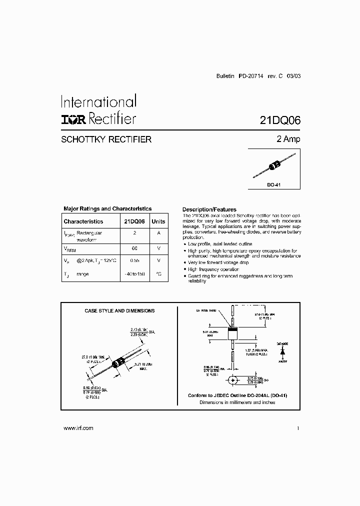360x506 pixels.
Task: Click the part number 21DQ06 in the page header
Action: point(279,120)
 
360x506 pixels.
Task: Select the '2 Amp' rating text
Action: point(288,139)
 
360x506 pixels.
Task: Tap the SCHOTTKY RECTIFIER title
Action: point(106,140)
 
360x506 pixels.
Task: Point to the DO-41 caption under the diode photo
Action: point(273,184)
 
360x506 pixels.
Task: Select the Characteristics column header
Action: point(83,221)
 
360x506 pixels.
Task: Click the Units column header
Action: point(158,221)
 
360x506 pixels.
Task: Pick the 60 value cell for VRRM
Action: point(134,247)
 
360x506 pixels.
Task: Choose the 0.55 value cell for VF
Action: point(134,260)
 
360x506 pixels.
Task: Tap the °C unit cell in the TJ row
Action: point(158,274)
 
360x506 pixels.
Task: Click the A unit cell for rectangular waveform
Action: point(158,233)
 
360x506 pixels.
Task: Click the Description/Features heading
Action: point(209,209)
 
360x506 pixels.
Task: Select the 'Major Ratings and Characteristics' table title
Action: point(107,209)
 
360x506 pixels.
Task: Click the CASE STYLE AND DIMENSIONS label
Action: point(119,311)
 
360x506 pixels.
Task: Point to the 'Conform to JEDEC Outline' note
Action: point(237,395)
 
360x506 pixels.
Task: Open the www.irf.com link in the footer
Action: point(79,428)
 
